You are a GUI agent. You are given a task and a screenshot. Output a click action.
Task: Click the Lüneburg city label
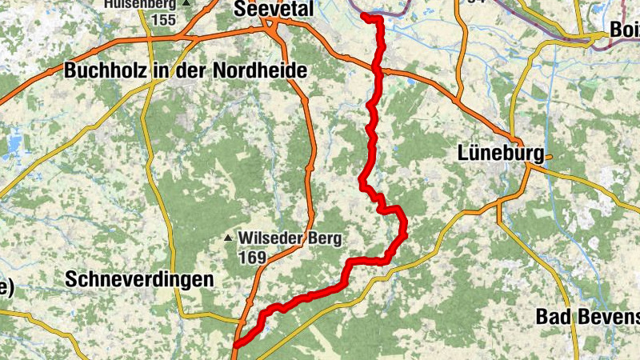pyautogui.click(x=501, y=153)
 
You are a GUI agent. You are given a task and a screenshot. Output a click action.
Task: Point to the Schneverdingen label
pyautogui.click(x=140, y=279)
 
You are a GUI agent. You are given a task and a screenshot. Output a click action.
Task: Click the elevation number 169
pyautogui.click(x=251, y=258)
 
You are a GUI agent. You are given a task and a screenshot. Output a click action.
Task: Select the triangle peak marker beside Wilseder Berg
pyautogui.click(x=229, y=238)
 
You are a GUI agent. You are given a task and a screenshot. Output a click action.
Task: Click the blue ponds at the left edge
pyautogui.click(x=14, y=145)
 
